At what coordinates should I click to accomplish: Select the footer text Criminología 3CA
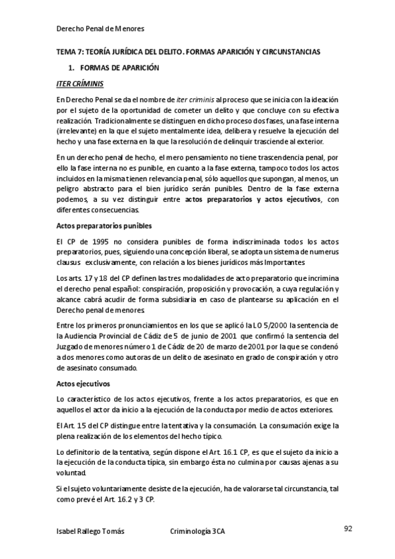(x=197, y=531)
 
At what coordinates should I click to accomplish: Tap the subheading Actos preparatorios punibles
(x=101, y=225)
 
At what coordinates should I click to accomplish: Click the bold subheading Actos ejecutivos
(x=84, y=382)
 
